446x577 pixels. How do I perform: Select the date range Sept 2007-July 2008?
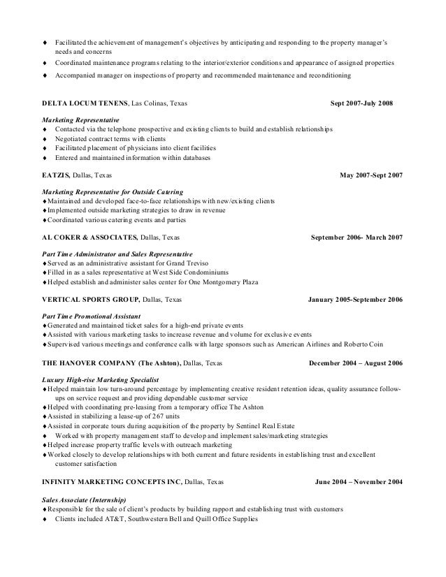point(361,104)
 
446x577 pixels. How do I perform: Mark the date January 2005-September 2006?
point(355,300)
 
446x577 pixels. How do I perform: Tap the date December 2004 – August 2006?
point(355,363)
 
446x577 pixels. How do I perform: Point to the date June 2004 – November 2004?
point(359,481)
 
